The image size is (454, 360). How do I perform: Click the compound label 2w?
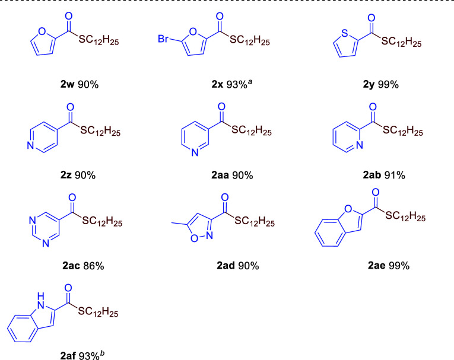(x=61, y=84)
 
